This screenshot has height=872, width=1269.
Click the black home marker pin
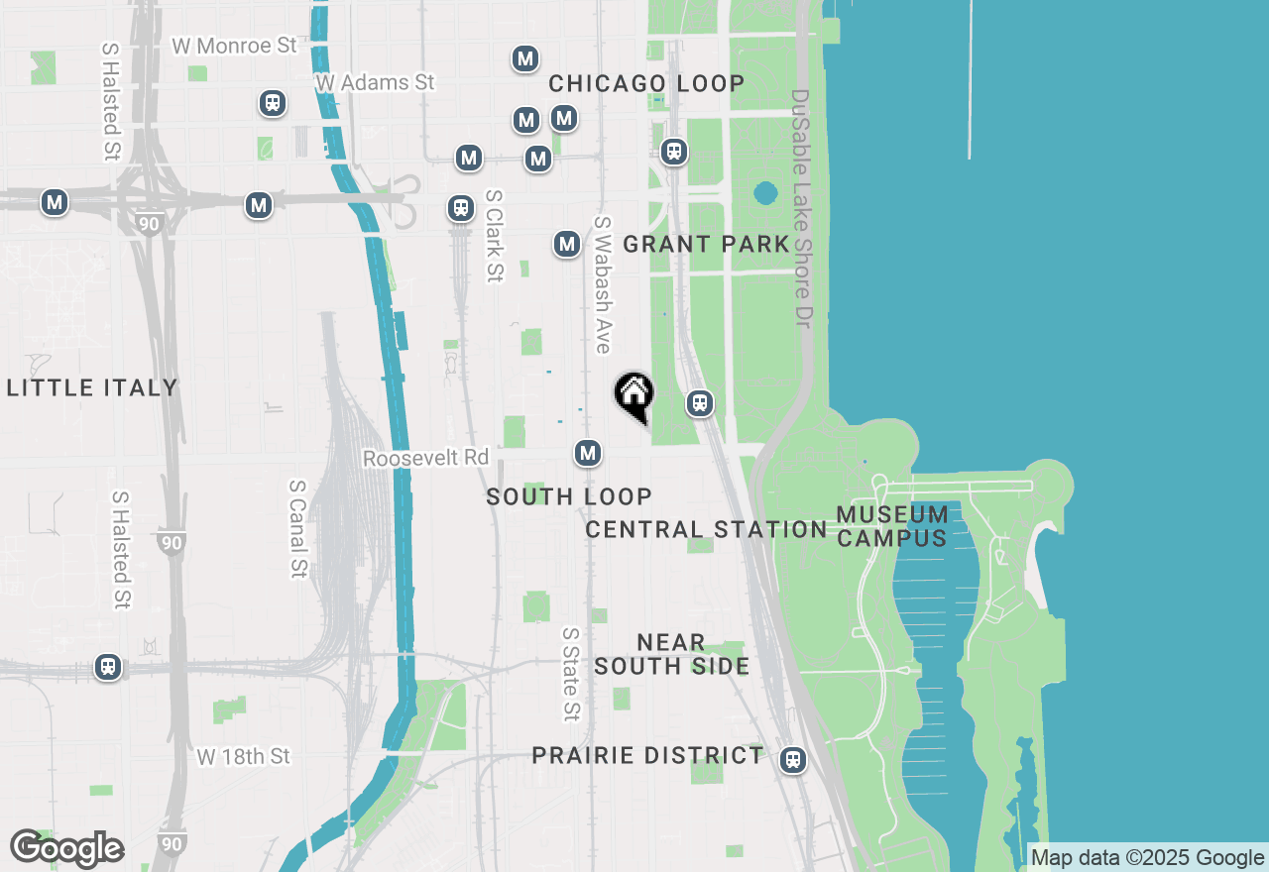[x=634, y=395]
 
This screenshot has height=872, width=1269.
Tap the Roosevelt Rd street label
[x=426, y=459]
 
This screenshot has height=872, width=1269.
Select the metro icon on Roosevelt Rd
[x=588, y=454]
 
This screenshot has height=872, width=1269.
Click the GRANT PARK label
[x=706, y=244]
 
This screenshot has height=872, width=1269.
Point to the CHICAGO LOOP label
[x=646, y=83]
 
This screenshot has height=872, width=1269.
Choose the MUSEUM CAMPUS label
[x=892, y=526]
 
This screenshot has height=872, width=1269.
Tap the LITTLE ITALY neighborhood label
[x=92, y=387]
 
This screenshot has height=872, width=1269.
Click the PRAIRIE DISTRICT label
[x=647, y=755]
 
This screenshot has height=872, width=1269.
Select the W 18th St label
[x=243, y=756]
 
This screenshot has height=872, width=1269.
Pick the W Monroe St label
[x=234, y=46]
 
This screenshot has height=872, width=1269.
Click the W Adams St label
[x=375, y=82]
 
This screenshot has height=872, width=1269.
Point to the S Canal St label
[x=297, y=528]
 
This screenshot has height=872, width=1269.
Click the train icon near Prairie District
[x=792, y=760]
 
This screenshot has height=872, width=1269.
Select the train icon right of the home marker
[x=700, y=403]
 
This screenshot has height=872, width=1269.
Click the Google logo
[x=66, y=849]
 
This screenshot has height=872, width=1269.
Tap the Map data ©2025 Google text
[x=1148, y=858]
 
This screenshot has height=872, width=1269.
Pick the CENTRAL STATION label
[x=706, y=529]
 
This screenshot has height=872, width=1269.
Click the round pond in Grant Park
[x=765, y=192]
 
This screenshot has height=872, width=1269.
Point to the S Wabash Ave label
[x=602, y=284]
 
